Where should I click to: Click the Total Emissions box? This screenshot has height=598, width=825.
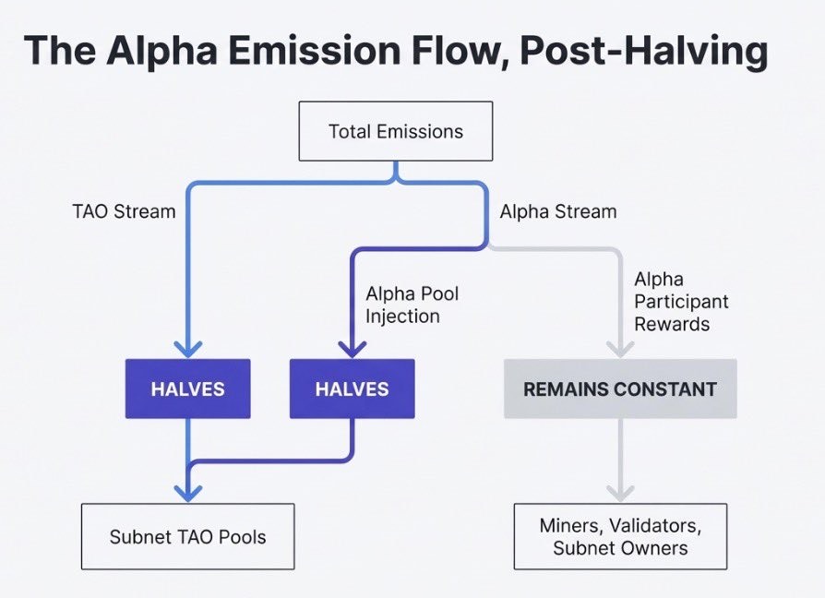point(395,131)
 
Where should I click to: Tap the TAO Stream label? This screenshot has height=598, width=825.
point(124,211)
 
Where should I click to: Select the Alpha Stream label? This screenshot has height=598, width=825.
point(557,211)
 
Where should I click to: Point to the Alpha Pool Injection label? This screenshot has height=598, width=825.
point(412,305)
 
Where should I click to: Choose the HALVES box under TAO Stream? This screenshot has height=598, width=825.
point(188,389)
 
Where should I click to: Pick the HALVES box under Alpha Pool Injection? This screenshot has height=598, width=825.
point(352,389)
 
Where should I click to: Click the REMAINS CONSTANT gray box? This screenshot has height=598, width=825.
point(619,389)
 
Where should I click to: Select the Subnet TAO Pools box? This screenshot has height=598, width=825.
point(187,536)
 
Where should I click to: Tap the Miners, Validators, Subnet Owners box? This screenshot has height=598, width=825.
point(619,536)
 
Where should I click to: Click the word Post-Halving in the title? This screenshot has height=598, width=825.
point(643,53)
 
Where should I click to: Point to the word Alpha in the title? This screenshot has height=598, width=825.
point(163,53)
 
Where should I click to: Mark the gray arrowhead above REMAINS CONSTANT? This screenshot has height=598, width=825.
point(619,348)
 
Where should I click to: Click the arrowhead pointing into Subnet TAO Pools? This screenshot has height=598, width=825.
point(188,492)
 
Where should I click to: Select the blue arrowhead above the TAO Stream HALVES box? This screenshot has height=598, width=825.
point(188,348)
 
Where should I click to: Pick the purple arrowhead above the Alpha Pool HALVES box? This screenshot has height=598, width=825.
point(352,348)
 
